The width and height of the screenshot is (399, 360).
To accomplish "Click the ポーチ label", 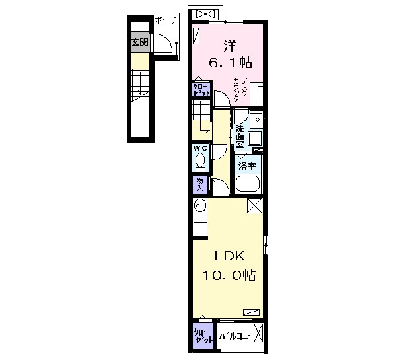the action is [166, 20].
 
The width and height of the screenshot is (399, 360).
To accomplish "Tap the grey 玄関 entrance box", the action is [139, 42].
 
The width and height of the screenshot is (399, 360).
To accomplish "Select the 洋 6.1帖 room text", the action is [231, 54].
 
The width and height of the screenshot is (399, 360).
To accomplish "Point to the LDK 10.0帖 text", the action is [229, 266].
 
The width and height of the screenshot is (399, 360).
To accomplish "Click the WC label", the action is [201, 148].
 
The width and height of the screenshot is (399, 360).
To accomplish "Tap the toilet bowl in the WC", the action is [200, 161].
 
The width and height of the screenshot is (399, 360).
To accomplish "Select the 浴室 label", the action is [247, 166].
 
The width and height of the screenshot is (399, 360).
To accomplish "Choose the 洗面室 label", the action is [240, 136].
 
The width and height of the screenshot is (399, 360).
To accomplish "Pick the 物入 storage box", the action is [199, 184].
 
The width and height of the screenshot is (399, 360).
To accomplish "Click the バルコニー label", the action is [236, 336].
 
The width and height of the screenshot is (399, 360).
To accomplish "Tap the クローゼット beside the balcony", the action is [203, 336].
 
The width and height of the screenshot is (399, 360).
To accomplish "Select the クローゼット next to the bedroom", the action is [201, 90].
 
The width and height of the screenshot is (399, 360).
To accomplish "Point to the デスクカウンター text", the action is [240, 92].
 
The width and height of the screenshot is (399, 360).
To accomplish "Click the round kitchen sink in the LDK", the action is [200, 205].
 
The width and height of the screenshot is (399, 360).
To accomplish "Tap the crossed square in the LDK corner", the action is [254, 205].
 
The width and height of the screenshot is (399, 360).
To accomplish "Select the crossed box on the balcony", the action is [258, 333].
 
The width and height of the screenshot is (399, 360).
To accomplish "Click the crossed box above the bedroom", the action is [206, 14].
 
